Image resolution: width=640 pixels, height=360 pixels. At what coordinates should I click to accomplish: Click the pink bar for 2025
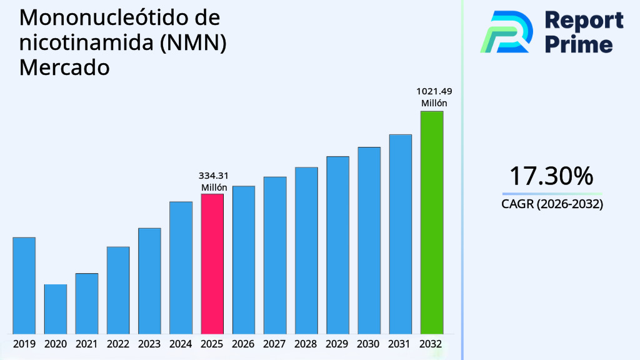212,263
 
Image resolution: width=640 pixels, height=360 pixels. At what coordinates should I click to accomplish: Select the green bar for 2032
431,222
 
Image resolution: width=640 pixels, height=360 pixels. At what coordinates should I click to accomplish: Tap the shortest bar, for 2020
55,309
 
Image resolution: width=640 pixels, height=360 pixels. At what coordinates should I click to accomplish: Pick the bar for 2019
24,285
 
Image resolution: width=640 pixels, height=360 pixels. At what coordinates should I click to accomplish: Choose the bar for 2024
181,267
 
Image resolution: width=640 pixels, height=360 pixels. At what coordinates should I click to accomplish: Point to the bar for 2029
337,244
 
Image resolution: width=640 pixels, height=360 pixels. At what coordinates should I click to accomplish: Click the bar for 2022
118,290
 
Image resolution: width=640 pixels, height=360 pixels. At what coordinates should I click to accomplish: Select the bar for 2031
400,234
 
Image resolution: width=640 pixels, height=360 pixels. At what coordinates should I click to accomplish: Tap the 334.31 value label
212,176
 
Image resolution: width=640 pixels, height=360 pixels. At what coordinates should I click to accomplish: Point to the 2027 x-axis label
275,344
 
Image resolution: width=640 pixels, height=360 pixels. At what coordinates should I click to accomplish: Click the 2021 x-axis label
87,344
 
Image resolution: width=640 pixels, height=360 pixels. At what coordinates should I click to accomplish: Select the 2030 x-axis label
369,344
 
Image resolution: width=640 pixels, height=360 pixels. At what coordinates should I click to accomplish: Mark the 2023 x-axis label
149,344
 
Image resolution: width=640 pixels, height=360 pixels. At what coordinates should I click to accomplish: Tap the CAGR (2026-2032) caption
552,204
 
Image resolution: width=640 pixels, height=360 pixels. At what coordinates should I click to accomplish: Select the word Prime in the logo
579,44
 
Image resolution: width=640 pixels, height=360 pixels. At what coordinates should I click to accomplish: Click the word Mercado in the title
64,67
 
